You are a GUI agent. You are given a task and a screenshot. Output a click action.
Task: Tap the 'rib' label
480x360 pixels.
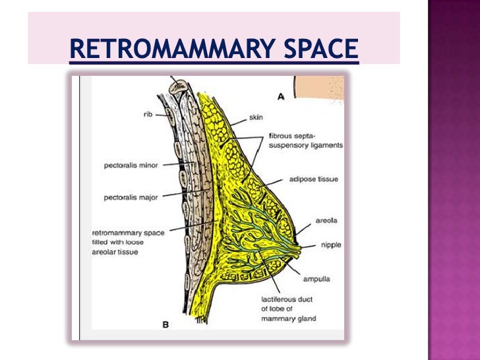[148, 113]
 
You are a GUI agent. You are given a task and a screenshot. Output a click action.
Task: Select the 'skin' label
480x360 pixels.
[256, 117]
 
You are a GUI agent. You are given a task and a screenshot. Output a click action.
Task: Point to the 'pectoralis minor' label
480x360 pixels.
[131, 165]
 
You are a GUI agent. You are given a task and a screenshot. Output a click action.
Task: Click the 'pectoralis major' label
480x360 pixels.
[131, 196]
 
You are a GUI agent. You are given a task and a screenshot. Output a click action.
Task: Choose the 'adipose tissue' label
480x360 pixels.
[313, 179]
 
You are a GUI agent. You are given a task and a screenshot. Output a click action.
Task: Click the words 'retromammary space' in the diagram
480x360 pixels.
[129, 232]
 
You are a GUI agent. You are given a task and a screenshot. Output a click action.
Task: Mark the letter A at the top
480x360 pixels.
[281, 96]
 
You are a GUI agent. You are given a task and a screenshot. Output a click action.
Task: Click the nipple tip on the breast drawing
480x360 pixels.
[303, 251]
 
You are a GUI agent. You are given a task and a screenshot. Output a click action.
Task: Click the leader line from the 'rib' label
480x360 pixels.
[160, 113]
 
